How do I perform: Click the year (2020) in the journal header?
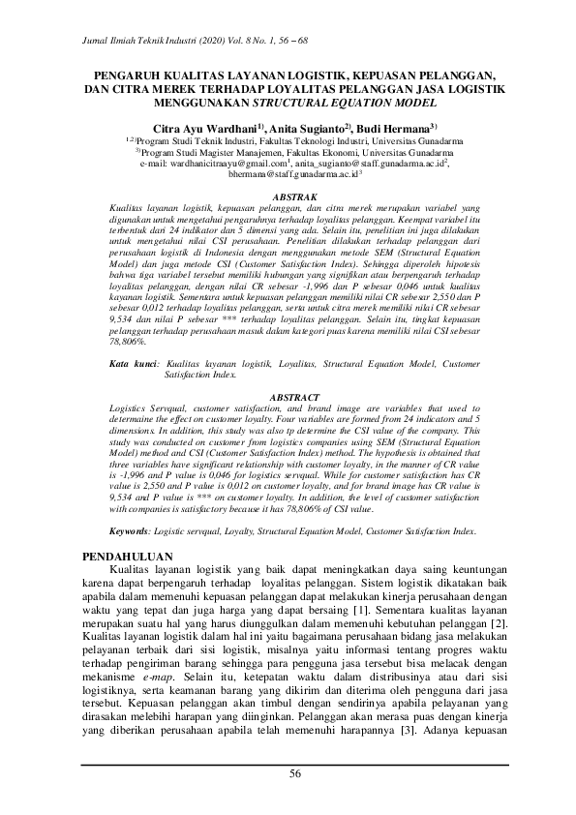tap(201, 39)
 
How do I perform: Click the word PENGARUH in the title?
tap(133, 74)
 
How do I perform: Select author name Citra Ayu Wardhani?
tap(202, 127)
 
